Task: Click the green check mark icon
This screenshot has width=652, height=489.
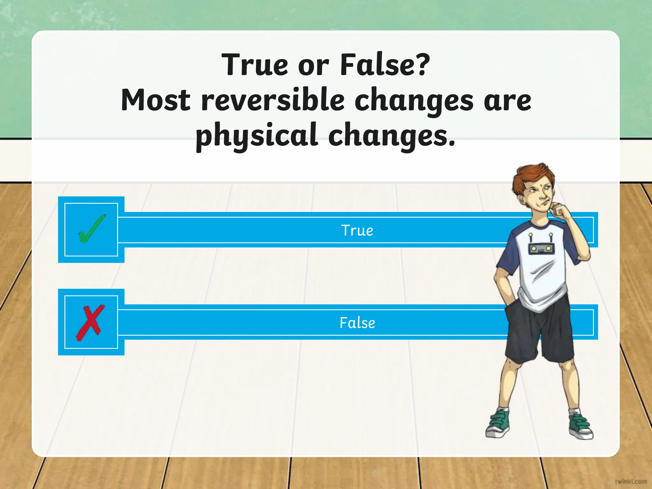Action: [x=91, y=229]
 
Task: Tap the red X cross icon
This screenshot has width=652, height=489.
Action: [x=90, y=322]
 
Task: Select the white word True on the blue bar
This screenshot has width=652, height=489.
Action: [x=357, y=230]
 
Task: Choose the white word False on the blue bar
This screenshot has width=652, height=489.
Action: [x=357, y=323]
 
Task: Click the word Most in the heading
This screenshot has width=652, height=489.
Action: [x=156, y=100]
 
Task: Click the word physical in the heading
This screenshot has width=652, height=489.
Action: [x=257, y=136]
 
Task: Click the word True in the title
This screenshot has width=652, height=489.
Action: [x=255, y=65]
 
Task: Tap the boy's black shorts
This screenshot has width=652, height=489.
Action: [x=541, y=331]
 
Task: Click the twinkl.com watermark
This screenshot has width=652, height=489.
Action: [x=631, y=481]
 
